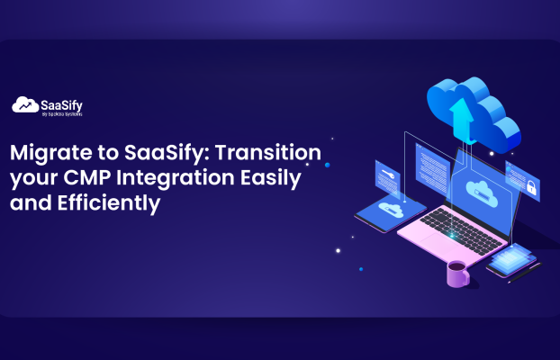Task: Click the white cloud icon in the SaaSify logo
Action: [x=24, y=105]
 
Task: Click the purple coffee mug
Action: [x=457, y=274]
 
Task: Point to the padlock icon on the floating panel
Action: [x=531, y=189]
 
